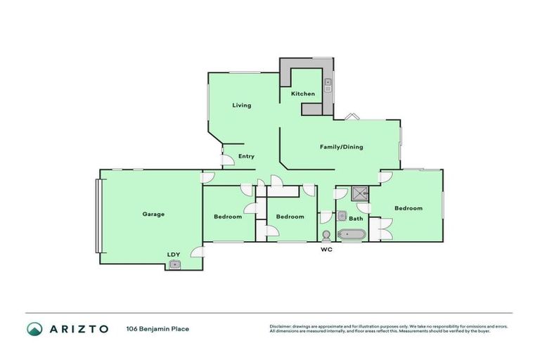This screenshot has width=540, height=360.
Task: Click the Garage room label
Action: point(153,214)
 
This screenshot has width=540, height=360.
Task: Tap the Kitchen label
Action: point(303,94)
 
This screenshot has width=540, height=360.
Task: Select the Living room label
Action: point(242,105)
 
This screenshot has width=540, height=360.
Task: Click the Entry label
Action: point(246,156)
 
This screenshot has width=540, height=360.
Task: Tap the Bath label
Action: point(356,219)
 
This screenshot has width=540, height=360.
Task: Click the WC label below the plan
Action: point(326,250)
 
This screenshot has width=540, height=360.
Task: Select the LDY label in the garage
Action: point(173,255)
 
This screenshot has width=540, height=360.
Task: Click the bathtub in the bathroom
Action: point(349,233)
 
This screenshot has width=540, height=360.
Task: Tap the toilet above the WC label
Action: point(326,236)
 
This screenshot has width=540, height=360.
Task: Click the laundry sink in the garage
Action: point(174,265)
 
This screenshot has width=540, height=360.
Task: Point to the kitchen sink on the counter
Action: point(328,86)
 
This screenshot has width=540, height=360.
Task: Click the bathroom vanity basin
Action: point(342,217)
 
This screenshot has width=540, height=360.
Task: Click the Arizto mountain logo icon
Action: point(34,328)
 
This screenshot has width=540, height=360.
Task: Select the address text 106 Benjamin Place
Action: point(158,328)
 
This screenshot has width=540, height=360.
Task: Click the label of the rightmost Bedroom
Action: point(408,208)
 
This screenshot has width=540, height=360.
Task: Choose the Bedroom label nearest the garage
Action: point(227,217)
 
